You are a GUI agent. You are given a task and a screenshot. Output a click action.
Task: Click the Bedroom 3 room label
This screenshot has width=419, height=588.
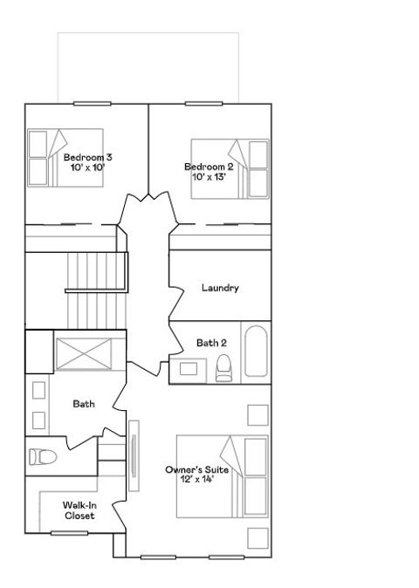(87, 157)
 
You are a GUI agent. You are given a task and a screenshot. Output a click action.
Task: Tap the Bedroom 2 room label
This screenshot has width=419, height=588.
(209, 167)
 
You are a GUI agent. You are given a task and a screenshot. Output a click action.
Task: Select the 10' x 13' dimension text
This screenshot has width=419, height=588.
(209, 176)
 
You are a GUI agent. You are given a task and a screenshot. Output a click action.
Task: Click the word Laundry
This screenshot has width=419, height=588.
(220, 288)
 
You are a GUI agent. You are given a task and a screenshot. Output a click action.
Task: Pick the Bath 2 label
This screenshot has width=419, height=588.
(211, 343)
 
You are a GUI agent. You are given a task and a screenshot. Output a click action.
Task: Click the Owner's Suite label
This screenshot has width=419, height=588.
(197, 469)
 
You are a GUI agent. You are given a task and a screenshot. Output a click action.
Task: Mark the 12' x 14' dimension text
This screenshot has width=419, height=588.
(197, 479)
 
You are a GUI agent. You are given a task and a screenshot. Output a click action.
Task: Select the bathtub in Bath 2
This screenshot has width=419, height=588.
(257, 352)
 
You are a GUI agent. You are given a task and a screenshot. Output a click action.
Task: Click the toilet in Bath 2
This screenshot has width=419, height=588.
(223, 369)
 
